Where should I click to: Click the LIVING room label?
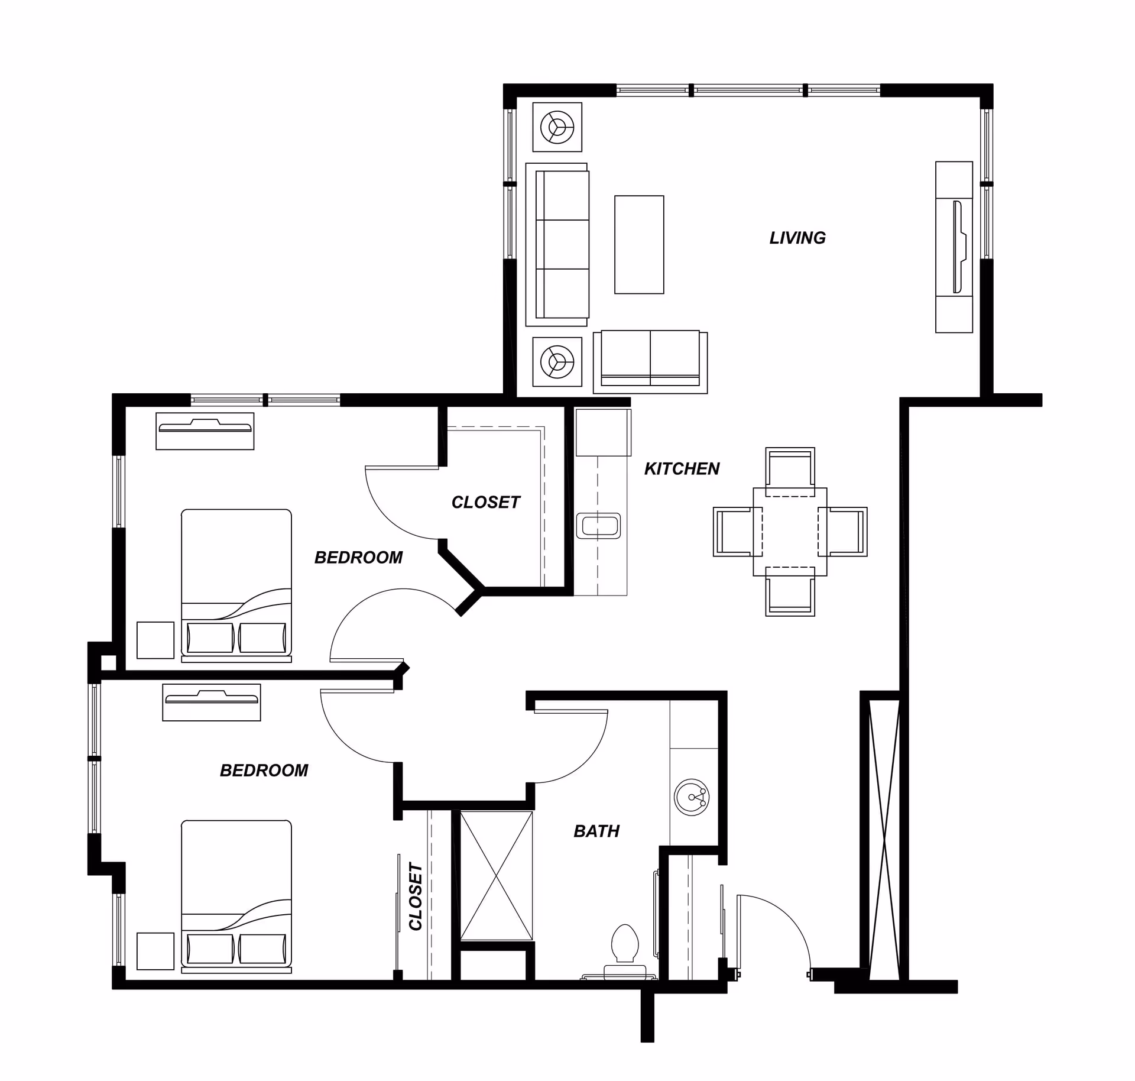point(797,238)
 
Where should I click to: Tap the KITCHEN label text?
point(682,469)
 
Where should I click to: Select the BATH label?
point(596,831)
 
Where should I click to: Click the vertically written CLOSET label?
point(416,896)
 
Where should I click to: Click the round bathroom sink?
point(691,797)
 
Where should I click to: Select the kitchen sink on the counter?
point(598,526)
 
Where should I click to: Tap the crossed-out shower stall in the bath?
point(496,876)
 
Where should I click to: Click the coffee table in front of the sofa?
point(639,244)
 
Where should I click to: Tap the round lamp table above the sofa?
point(557,127)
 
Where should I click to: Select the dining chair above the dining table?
point(790,470)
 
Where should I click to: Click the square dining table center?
point(790,532)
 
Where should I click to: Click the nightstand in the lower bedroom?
point(155,951)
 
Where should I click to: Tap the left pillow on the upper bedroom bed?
point(210,638)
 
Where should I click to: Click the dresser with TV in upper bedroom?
point(205,431)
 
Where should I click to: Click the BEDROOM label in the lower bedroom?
point(264,771)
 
